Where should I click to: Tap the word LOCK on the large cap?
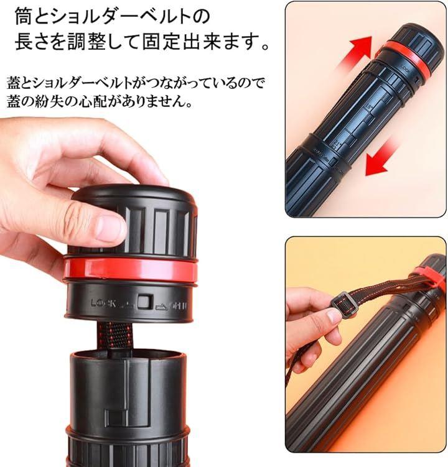[x=103, y=303]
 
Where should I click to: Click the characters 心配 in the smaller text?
[x=95, y=102]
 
